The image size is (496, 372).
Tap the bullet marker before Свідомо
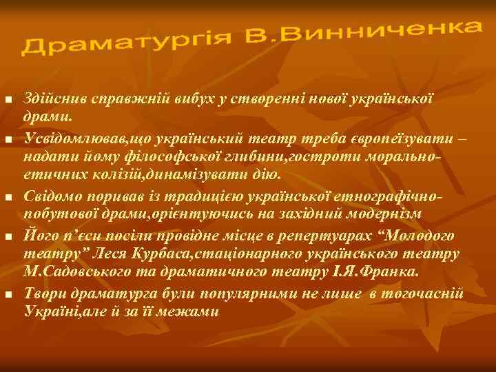point(8,200)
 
